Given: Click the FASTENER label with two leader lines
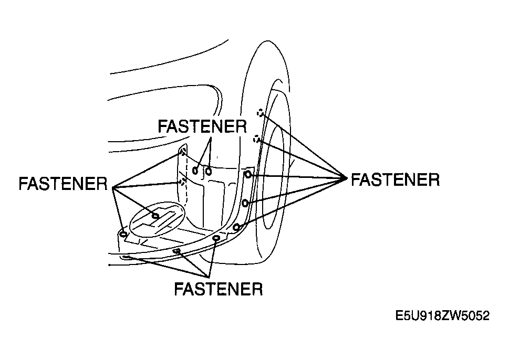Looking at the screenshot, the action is coord(202,126).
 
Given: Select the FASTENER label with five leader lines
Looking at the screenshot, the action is coord(396,179).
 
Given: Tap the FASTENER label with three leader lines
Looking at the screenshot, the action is coord(219,288).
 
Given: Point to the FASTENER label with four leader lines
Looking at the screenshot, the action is coord(63,183).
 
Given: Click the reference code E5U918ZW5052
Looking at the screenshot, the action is coord(442,315).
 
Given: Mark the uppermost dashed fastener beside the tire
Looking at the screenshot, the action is coord(261,113).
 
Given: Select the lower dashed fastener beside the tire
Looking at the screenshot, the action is coord(256,139).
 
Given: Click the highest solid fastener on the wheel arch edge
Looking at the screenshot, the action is coord(247,174).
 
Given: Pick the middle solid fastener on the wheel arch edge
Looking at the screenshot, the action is coord(245,203).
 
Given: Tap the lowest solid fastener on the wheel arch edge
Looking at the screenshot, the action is coord(237,227).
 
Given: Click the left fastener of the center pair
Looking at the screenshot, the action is coord(195,170).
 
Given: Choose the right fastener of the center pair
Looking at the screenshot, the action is coord(209,171).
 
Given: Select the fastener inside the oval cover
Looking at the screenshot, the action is coord(155,216).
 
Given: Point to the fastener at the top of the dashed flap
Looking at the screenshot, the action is coord(183,151).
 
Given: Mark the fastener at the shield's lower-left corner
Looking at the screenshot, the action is coord(123,234).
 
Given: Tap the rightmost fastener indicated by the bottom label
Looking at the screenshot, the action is coord(216,239).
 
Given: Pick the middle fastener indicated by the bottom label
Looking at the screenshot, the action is coord(177,251).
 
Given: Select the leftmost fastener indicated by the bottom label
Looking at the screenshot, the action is coord(126,258).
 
